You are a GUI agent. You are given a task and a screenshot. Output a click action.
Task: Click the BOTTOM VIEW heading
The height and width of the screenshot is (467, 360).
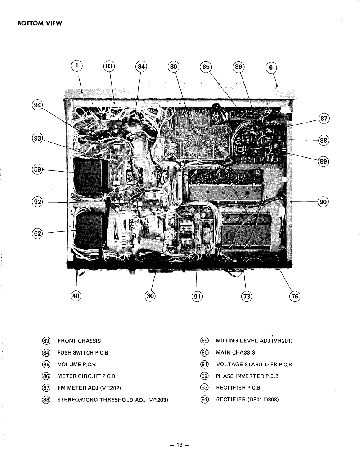40,24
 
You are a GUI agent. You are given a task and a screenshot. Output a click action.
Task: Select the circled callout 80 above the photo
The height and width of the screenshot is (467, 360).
174,67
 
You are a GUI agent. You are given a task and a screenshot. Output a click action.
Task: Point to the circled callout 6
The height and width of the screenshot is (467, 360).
271,68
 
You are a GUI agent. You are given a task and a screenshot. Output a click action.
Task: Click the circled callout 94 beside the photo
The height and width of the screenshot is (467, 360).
37,105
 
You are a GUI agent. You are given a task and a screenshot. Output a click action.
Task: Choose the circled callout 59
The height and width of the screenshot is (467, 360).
37,170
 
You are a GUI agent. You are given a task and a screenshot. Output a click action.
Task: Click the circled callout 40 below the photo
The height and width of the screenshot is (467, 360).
76,296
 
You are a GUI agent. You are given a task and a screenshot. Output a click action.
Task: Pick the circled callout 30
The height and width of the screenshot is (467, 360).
150,296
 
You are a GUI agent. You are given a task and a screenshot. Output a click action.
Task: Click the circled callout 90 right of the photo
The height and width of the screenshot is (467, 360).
323,202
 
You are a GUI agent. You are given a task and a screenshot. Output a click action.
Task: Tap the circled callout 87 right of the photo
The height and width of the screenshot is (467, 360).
324,119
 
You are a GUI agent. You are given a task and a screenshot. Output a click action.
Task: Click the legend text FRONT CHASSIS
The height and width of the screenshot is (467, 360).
79,341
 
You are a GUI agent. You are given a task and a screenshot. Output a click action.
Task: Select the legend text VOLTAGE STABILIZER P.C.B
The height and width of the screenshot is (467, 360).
254,365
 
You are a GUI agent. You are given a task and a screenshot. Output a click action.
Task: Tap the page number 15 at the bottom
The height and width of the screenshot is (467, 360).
180,445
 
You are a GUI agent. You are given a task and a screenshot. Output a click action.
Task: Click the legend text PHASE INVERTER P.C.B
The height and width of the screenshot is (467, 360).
247,376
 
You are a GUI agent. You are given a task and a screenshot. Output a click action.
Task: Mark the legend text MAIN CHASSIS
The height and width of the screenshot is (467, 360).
235,352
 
